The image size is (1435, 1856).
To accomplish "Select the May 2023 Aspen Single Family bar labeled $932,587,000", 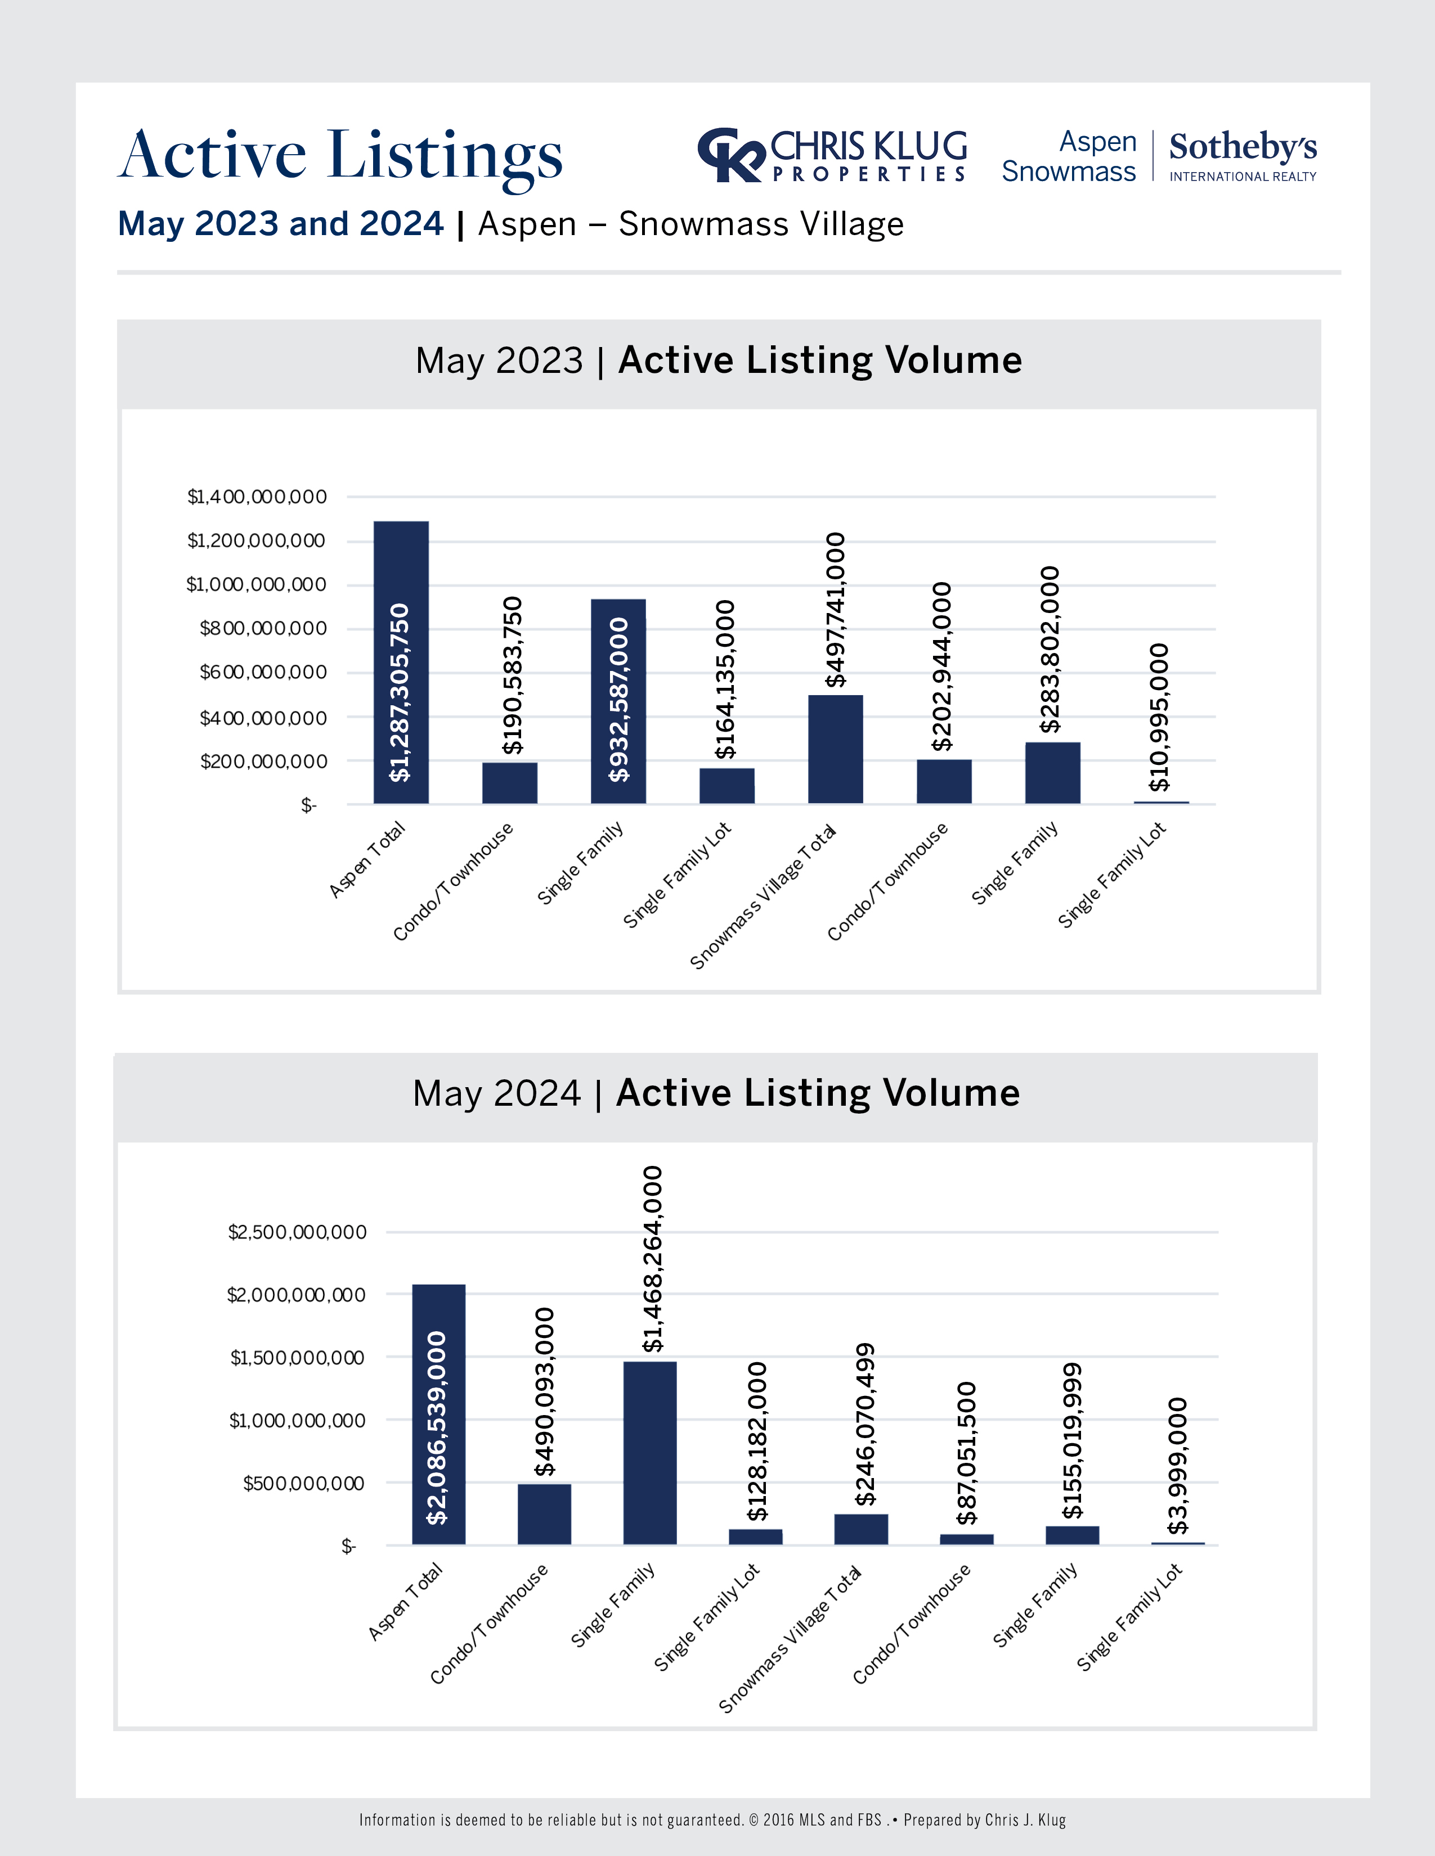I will click(618, 701).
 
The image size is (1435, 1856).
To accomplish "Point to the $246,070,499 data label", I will click(864, 1424).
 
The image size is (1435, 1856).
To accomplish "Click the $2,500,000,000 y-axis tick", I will click(297, 1232).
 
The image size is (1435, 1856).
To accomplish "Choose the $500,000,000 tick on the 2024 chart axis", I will click(303, 1484).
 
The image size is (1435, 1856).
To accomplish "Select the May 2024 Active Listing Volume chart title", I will click(716, 1094).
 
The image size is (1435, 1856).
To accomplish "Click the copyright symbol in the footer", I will click(754, 1819).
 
